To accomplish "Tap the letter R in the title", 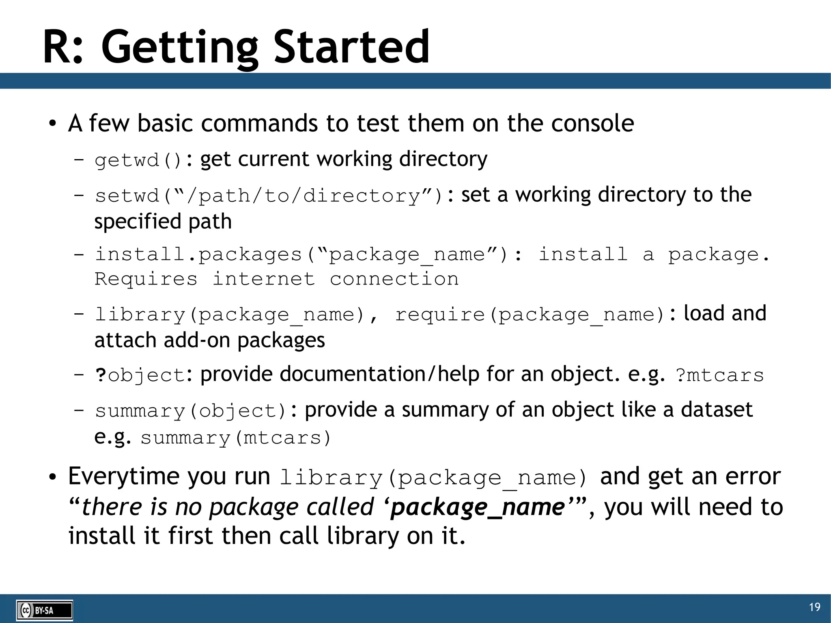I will coord(58,47).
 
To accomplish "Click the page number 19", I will coord(814,607).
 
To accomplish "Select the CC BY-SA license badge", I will coord(45,610).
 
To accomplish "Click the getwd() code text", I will coord(138,160).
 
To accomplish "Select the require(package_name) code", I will coord(530,315).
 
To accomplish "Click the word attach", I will coord(125,340).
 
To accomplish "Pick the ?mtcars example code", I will coord(719,375).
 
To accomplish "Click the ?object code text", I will coord(140,375).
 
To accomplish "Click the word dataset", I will coord(717,410).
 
